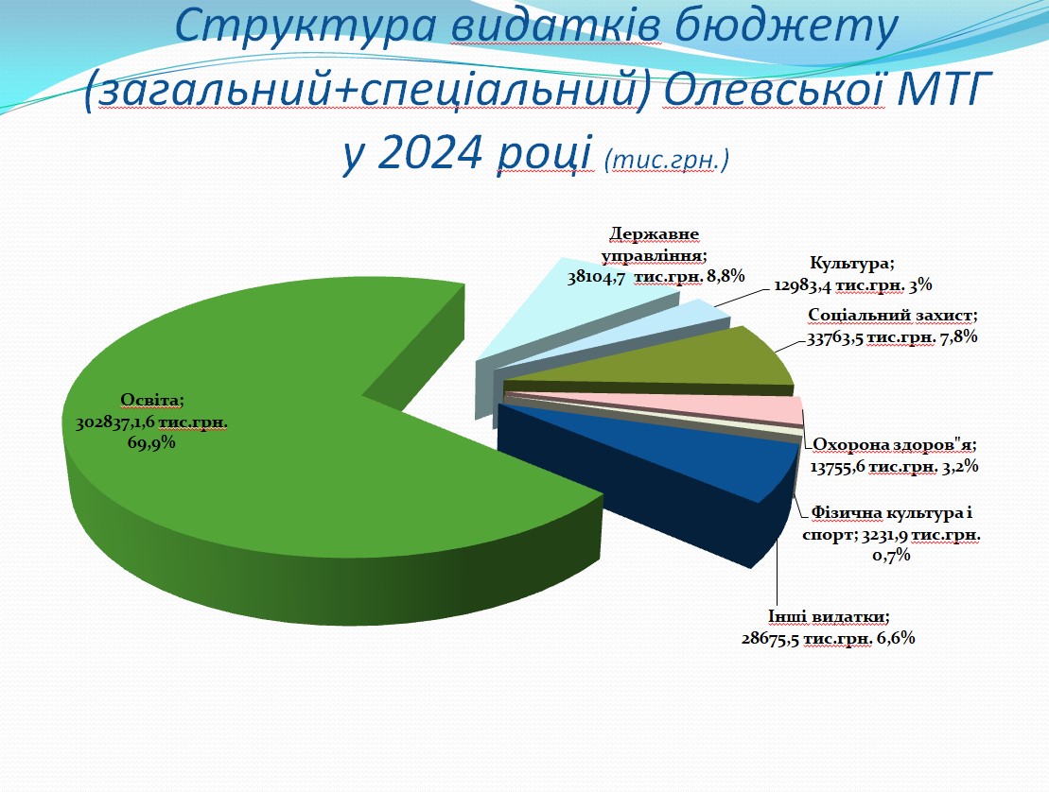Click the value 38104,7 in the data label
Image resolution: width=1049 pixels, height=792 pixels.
coord(597,277)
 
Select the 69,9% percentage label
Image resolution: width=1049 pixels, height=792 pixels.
coord(151,442)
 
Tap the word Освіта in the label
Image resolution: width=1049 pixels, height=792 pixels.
coord(150,401)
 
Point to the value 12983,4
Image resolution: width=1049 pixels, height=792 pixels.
coord(803,285)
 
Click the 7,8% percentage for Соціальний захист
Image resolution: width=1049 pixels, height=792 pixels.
coord(959,336)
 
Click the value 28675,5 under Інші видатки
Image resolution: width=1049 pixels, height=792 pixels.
coord(771,638)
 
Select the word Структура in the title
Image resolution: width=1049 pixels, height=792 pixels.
coord(307,26)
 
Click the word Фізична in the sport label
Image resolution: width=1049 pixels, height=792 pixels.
coord(846,513)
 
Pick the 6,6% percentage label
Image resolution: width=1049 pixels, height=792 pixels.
coord(895,638)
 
